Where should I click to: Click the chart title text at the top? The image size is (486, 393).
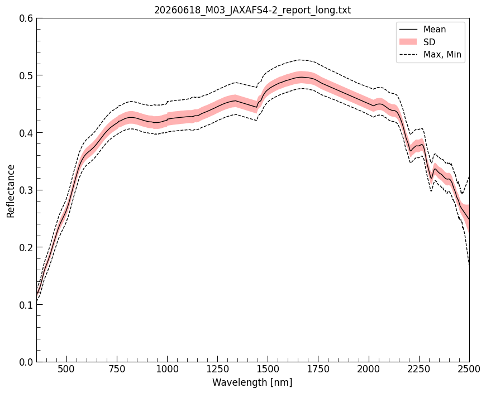[252, 10]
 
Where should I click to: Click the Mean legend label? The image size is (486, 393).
[435, 30]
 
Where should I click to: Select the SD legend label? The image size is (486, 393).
[429, 42]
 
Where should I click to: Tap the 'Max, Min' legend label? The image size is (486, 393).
[442, 55]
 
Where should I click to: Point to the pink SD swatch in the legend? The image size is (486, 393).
[408, 42]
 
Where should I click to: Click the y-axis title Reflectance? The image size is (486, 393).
[11, 191]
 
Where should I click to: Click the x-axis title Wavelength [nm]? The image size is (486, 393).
[252, 382]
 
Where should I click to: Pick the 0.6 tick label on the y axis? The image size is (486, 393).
[26, 18]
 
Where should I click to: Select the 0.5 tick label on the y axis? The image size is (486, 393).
[26, 75]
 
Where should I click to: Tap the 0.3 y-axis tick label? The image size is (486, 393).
[26, 190]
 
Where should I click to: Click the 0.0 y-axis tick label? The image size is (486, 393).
[26, 362]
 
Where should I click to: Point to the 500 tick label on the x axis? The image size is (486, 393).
[66, 369]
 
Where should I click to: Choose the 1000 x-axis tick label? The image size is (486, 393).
[168, 369]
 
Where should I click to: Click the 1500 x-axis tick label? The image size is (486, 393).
[268, 369]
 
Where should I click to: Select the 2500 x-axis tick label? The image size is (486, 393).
[469, 369]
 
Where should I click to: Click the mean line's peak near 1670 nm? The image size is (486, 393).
[301, 77]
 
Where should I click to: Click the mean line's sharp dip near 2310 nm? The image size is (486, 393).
[431, 178]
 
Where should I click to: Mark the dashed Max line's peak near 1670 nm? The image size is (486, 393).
[300, 60]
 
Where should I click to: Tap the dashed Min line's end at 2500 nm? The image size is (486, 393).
[469, 265]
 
